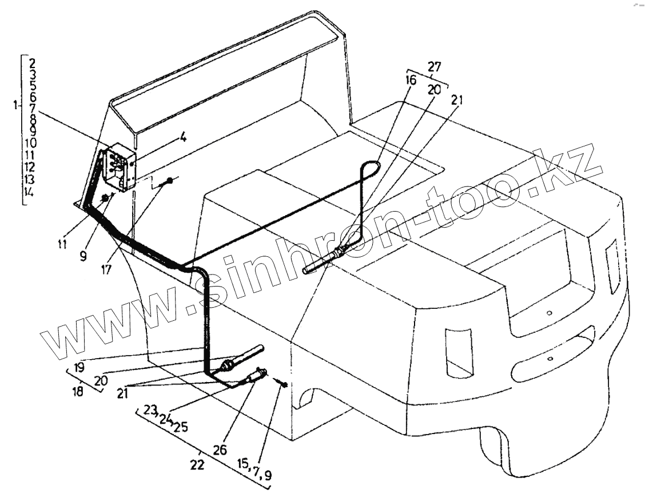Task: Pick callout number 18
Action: coord(77,392)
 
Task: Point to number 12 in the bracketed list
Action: coord(30,167)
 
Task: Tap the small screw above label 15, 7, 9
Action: coord(284,384)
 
